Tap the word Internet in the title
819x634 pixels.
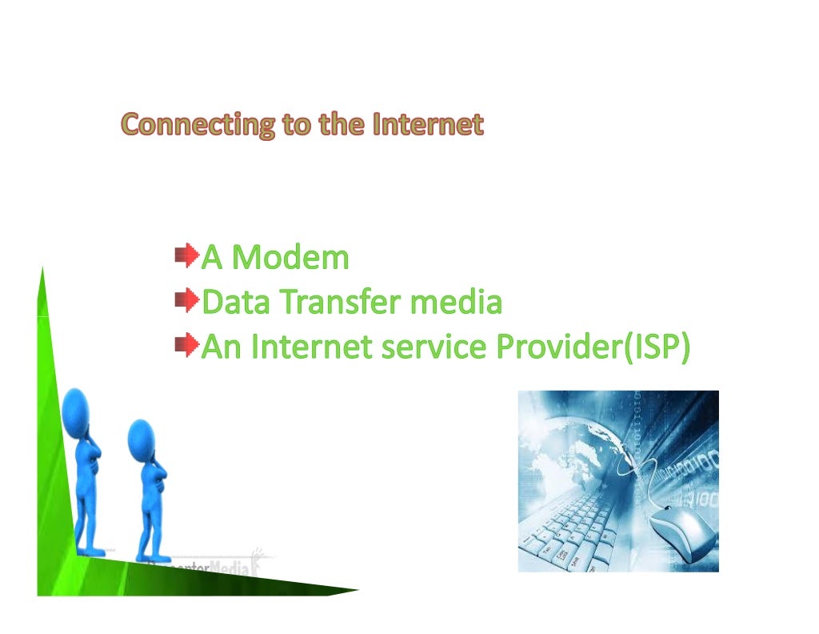(428, 126)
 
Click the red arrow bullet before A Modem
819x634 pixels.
(186, 257)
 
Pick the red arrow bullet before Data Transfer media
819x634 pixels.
(186, 302)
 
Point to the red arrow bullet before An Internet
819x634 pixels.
(186, 347)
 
